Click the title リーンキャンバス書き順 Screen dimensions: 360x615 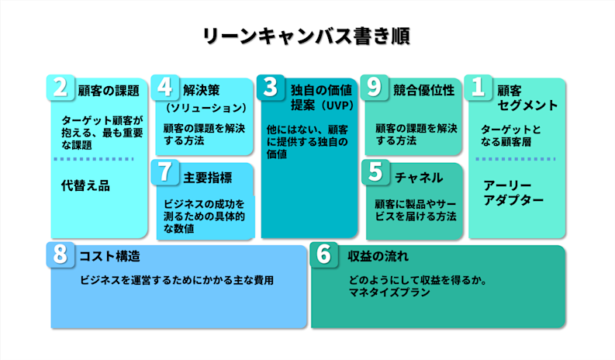(x=306, y=36)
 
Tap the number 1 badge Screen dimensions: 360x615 (x=479, y=88)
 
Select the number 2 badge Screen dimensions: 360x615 (x=60, y=87)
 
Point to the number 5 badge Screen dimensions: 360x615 (x=375, y=173)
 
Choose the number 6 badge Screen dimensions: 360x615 (x=323, y=254)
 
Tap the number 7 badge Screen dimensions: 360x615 (x=166, y=173)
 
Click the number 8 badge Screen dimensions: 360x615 (x=60, y=254)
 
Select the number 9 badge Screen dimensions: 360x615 (x=375, y=87)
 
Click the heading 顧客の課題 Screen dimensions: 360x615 (x=109, y=89)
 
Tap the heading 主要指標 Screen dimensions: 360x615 (x=208, y=178)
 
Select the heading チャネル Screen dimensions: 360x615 (x=419, y=178)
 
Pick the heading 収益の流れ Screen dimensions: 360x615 (x=378, y=256)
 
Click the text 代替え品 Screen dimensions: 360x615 (x=85, y=185)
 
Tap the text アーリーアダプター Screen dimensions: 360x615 (x=513, y=192)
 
